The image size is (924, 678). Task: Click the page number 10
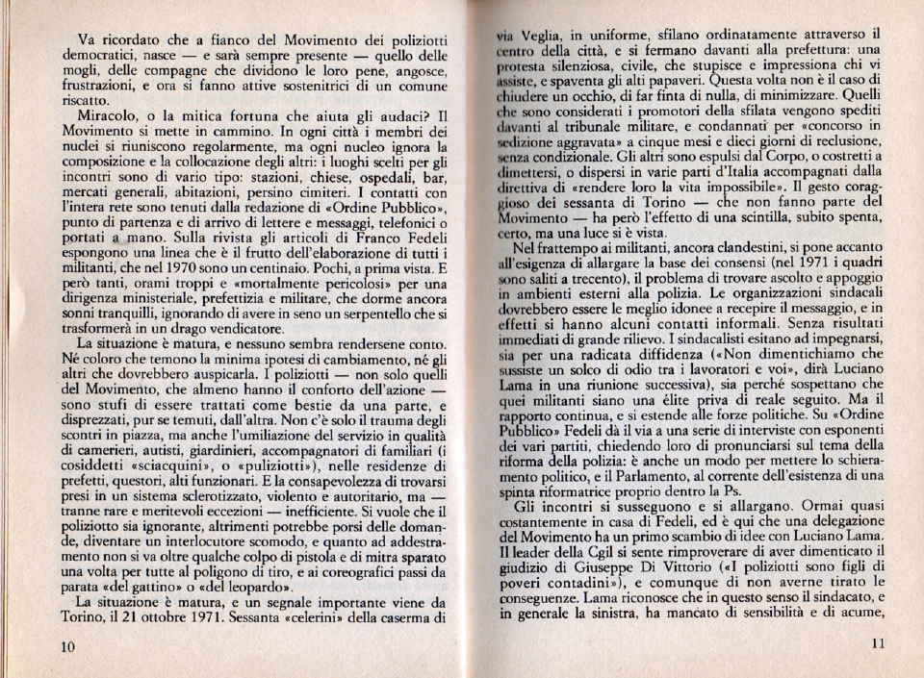[66, 646]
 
